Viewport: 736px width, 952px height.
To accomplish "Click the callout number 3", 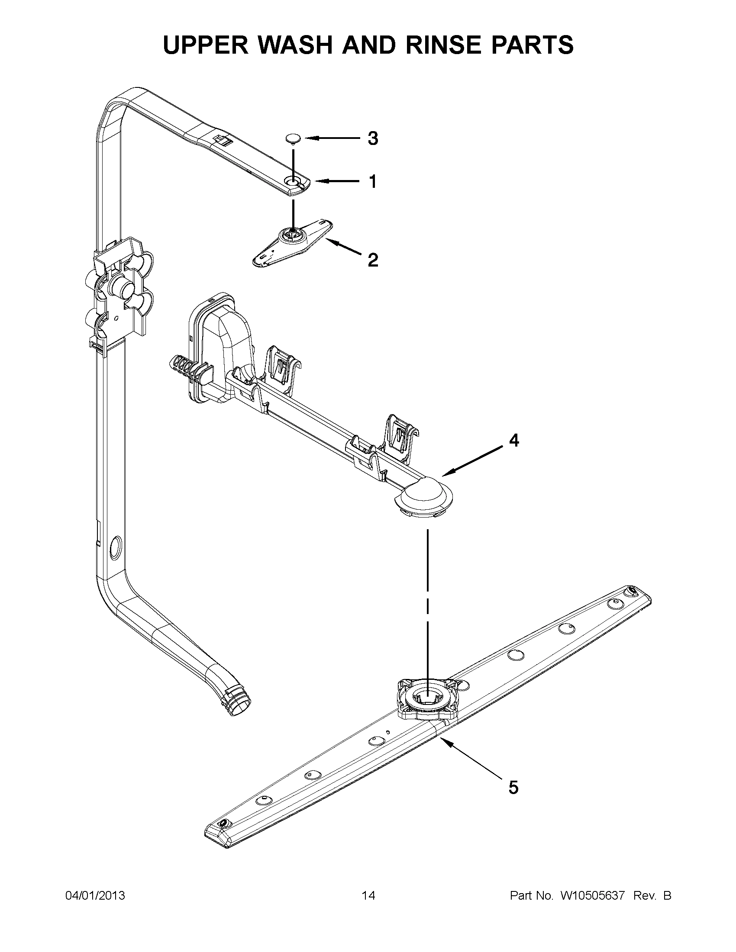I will [x=372, y=138].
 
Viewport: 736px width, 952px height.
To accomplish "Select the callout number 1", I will [x=373, y=181].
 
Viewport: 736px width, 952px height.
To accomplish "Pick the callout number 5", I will [x=513, y=788].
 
